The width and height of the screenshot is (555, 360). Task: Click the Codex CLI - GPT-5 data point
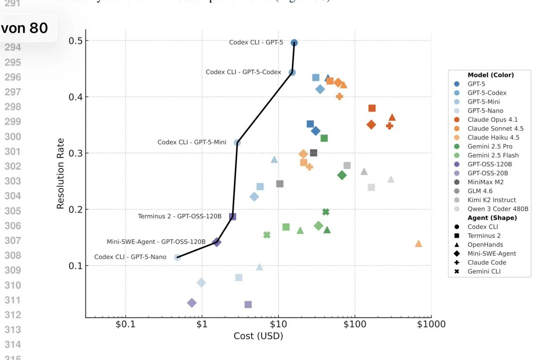[x=294, y=43]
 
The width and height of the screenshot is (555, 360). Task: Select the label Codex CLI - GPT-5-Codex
[x=243, y=72]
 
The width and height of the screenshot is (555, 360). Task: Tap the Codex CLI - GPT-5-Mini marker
[x=237, y=143]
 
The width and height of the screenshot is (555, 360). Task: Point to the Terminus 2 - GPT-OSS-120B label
[x=179, y=216]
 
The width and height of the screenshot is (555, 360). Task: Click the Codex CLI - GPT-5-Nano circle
[x=177, y=257]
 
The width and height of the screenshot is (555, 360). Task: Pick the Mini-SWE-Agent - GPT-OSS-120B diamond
[x=216, y=242]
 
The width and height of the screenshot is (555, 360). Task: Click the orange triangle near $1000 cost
[x=419, y=244]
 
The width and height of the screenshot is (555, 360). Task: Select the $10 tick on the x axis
[x=278, y=324]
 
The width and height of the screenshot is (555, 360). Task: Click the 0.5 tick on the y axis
[x=75, y=41]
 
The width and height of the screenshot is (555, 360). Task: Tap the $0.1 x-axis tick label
[x=125, y=324]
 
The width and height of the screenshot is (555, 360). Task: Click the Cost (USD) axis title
[x=258, y=336]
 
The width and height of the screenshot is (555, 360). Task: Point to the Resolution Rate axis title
[x=61, y=173]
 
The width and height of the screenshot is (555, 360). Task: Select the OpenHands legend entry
[x=485, y=244]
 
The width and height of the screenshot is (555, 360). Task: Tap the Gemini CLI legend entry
[x=484, y=271]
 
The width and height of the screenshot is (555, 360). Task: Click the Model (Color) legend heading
[x=490, y=75]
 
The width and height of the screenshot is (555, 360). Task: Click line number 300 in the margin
[x=12, y=136]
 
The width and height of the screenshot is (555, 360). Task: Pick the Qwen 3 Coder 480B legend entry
[x=497, y=209]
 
